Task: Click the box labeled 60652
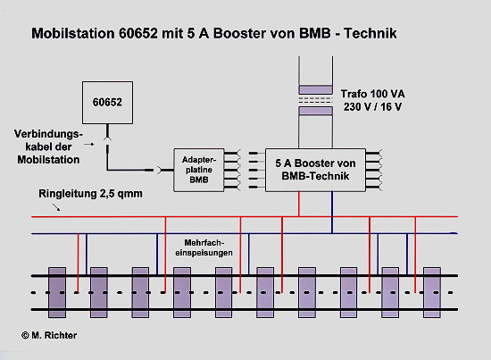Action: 107,103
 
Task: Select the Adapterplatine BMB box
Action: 199,170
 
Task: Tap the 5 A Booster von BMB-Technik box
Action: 315,170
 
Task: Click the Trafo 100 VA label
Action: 372,94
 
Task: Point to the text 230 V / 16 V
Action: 372,107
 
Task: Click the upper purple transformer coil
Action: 315,89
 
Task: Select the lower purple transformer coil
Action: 315,111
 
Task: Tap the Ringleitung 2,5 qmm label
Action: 90,194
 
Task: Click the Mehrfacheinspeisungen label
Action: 204,247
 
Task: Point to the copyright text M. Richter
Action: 49,335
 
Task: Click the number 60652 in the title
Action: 138,34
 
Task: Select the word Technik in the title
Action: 370,34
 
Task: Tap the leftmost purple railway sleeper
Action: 57,292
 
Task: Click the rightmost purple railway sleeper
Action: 432,292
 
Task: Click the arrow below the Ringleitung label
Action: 56,207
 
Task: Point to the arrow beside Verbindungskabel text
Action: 89,145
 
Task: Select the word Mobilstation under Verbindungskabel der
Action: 48,160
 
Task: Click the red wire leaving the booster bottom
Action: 299,204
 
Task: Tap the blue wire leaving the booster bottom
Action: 332,213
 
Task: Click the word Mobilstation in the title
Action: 73,34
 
